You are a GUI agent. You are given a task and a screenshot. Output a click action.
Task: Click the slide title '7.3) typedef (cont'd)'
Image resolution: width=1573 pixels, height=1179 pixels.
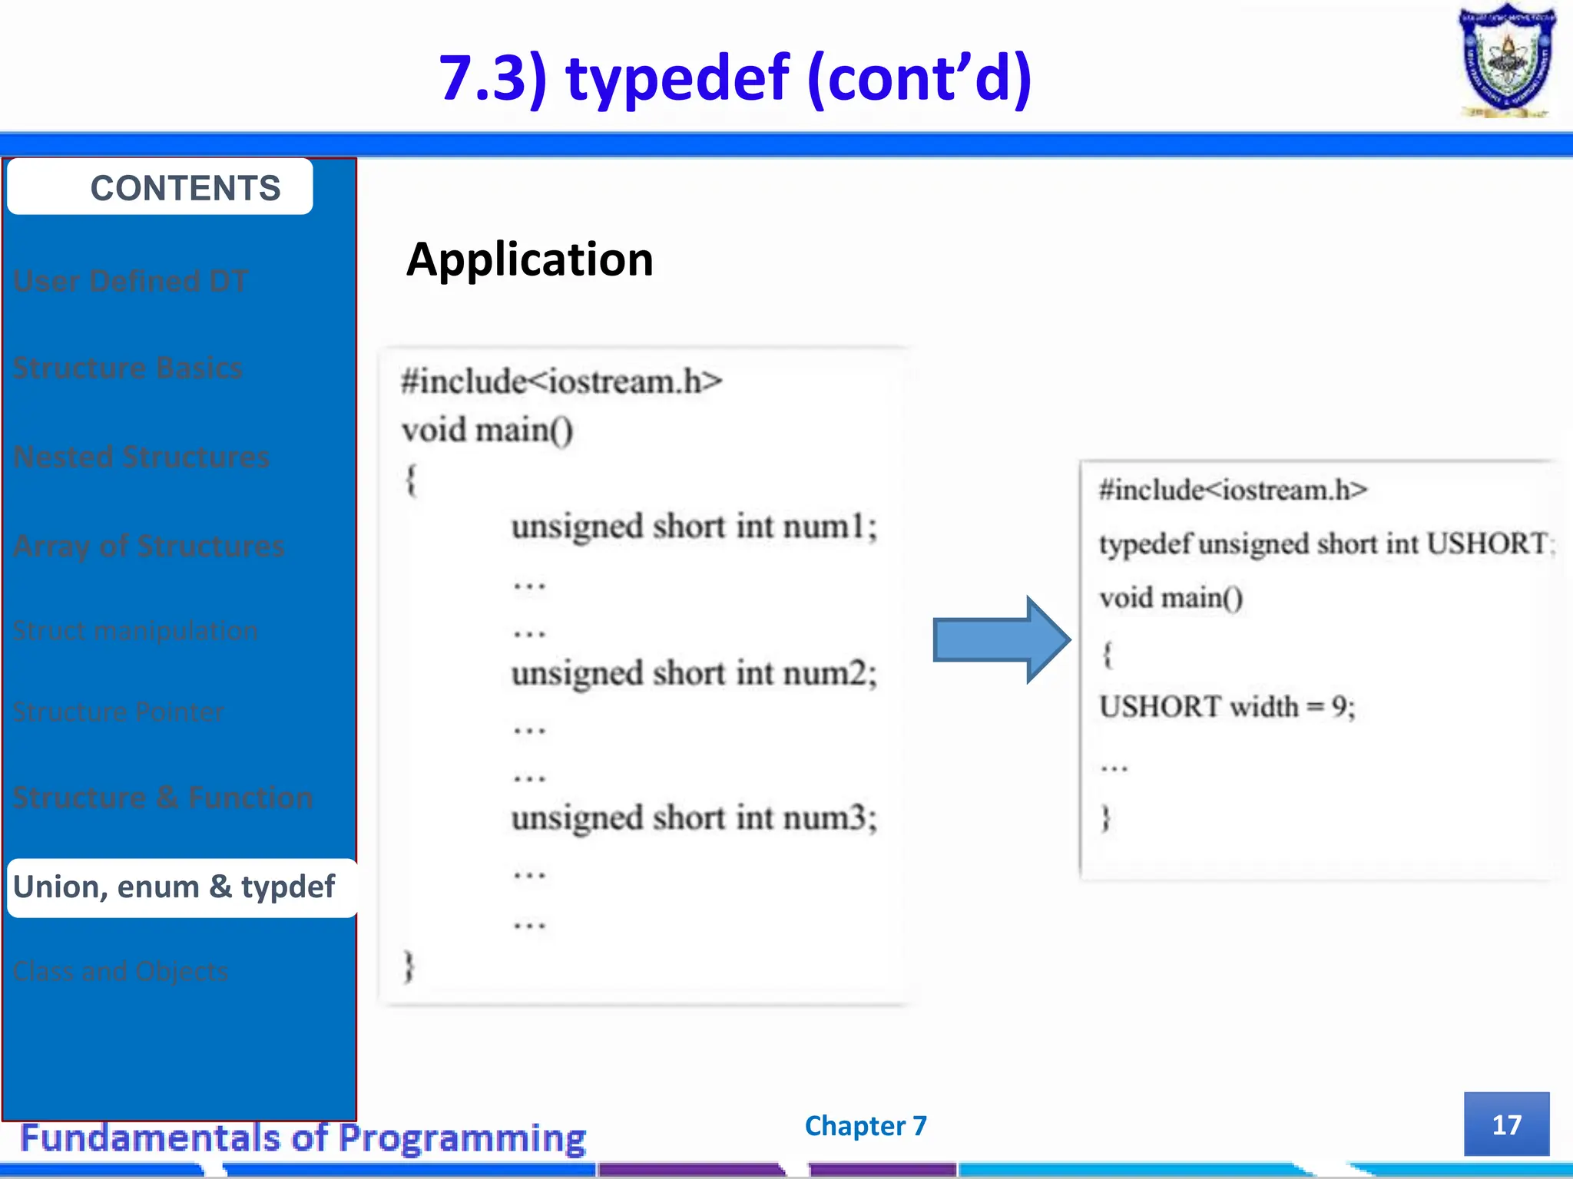(x=735, y=78)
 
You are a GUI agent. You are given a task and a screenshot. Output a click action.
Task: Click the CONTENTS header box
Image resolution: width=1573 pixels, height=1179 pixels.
(x=160, y=187)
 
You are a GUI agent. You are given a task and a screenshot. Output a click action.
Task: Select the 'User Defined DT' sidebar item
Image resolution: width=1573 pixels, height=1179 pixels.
(x=131, y=281)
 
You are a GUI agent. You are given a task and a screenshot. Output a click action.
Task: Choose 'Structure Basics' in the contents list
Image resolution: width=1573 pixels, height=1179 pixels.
(x=127, y=368)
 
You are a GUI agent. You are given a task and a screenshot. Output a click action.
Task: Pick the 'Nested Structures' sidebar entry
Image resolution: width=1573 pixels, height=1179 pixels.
(x=141, y=457)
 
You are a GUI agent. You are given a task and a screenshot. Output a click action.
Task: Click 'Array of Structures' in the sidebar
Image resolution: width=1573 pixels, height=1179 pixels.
(x=148, y=546)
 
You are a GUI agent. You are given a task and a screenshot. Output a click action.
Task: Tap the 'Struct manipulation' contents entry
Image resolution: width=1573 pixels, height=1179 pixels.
(x=135, y=631)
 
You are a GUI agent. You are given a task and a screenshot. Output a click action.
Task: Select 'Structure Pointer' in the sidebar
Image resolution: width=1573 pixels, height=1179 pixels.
(x=118, y=712)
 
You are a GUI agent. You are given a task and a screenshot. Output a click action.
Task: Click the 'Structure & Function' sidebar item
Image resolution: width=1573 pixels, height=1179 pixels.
(x=163, y=798)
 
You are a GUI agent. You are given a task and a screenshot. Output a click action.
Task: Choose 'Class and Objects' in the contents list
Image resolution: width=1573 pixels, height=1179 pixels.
(x=121, y=972)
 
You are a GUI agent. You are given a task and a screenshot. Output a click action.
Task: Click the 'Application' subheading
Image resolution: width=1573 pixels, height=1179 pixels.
(x=529, y=259)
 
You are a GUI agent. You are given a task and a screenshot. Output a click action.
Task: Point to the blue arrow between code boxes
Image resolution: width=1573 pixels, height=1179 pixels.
(x=1000, y=639)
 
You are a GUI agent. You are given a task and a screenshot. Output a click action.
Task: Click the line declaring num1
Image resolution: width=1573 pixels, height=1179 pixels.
(x=694, y=527)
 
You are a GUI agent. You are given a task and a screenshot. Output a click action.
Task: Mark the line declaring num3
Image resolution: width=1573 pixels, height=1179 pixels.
(x=694, y=818)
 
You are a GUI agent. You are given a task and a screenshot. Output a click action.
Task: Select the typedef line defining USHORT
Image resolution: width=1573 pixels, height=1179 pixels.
(x=1325, y=544)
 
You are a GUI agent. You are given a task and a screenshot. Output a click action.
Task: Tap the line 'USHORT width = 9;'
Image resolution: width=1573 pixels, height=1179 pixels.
(x=1227, y=706)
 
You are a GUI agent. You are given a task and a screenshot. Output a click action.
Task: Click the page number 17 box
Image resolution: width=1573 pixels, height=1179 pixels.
(x=1505, y=1125)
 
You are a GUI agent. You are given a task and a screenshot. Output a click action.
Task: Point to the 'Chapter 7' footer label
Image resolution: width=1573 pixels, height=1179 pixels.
(x=866, y=1125)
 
